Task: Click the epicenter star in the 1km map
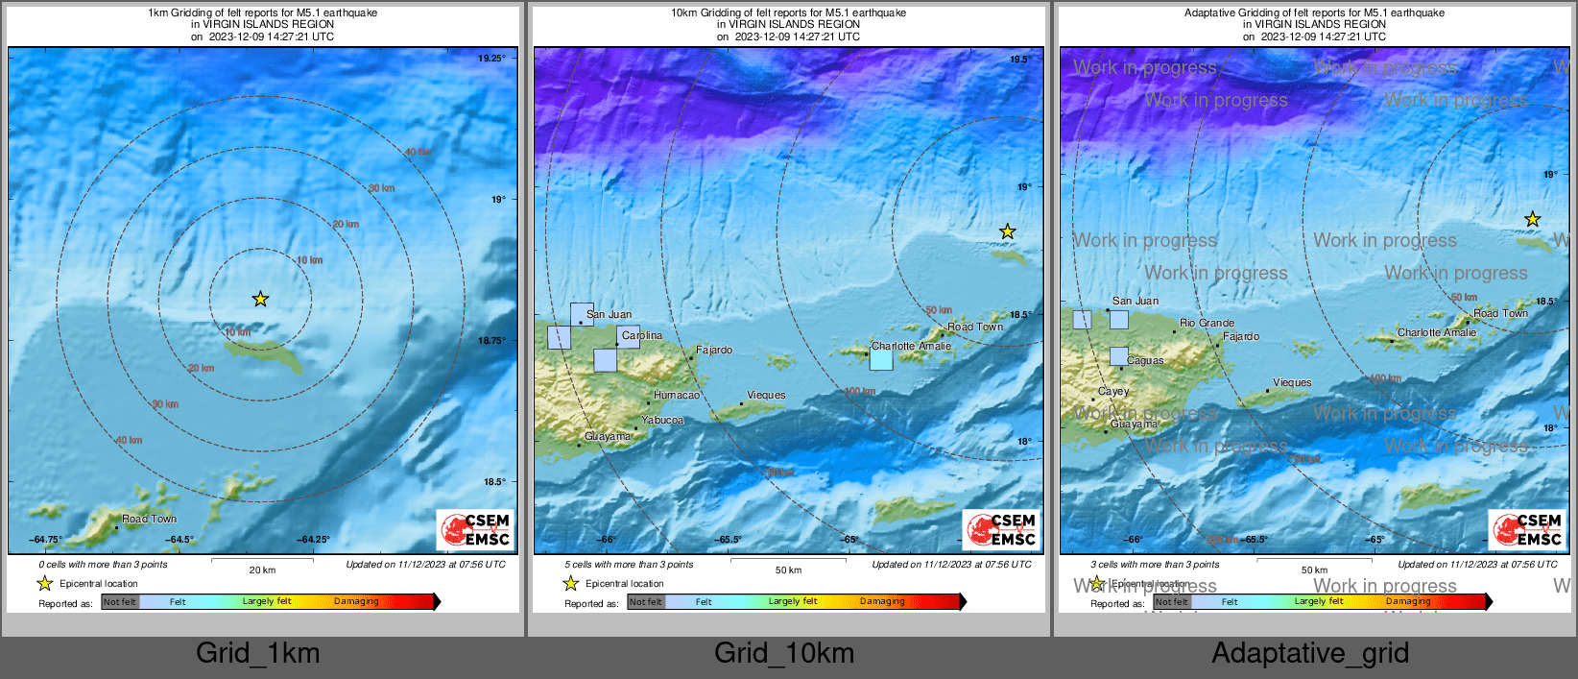tap(260, 300)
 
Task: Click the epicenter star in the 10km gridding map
tap(1007, 231)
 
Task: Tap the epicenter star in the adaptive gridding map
tap(1533, 220)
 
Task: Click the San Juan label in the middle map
tap(609, 314)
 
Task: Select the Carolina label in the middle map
tap(641, 335)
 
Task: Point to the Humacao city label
tap(677, 395)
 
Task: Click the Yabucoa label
tap(662, 420)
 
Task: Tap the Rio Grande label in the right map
tap(1207, 323)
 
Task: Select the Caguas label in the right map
tap(1145, 360)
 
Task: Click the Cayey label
tap(1113, 391)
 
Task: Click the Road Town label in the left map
tap(149, 519)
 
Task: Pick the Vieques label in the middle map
tap(766, 395)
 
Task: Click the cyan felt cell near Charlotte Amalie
tap(881, 360)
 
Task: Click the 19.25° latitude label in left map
tap(491, 59)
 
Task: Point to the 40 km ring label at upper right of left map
tap(418, 152)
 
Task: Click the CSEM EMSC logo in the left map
tap(476, 530)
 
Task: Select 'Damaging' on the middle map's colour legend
tap(882, 601)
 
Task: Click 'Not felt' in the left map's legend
tap(120, 602)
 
